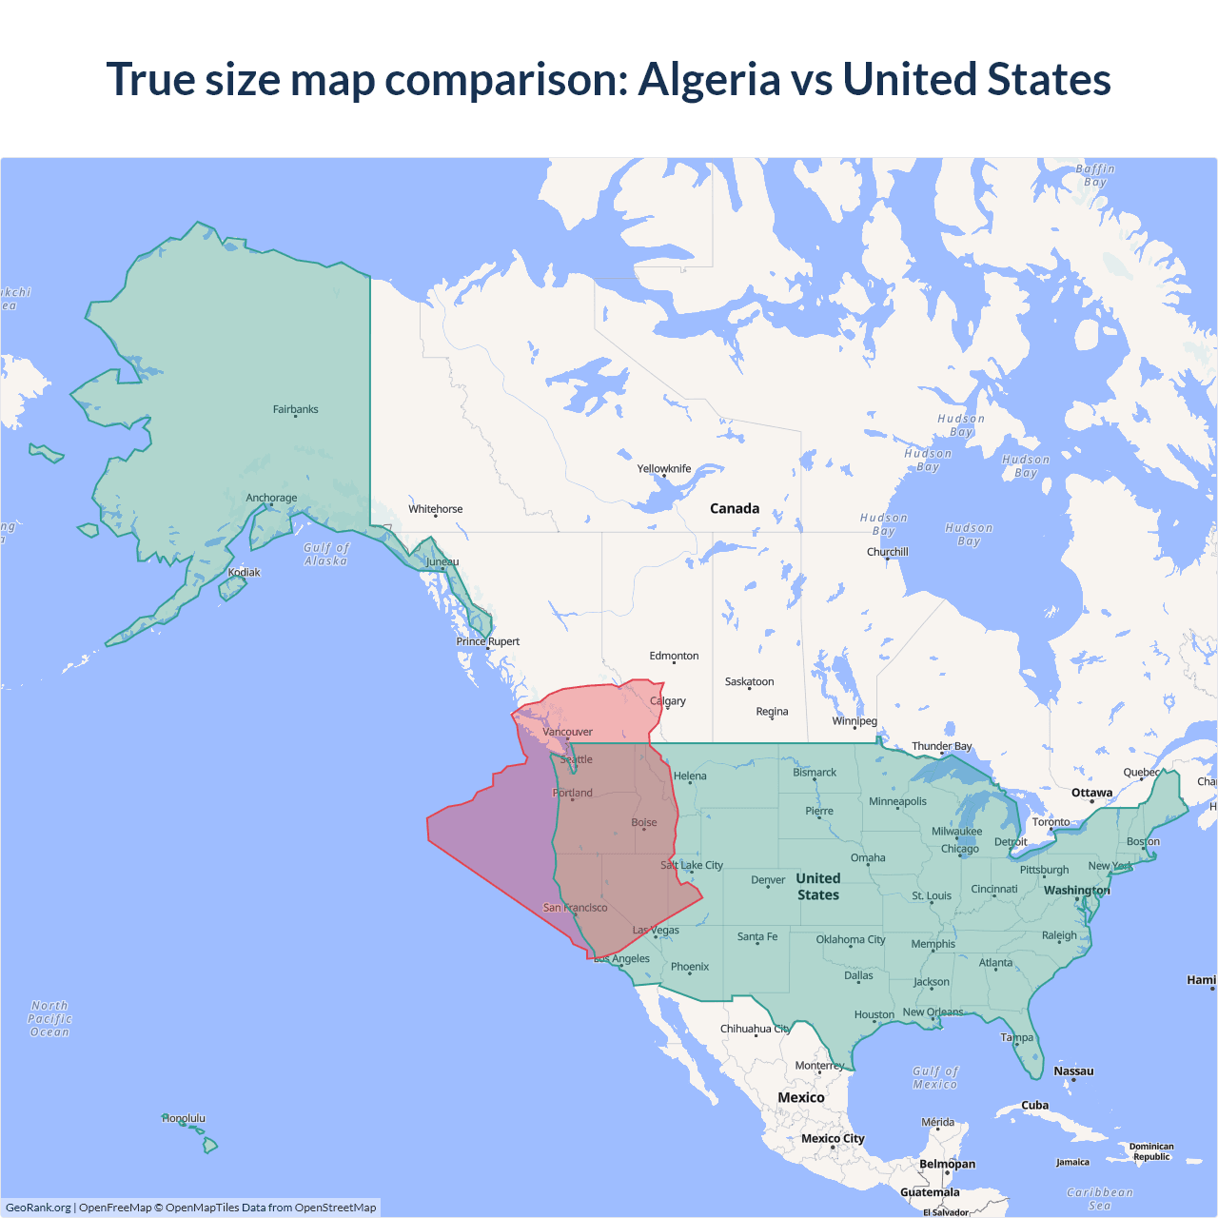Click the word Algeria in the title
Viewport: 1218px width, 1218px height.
[x=708, y=79]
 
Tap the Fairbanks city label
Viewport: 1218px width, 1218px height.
[x=295, y=409]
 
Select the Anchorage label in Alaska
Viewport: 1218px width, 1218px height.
[x=271, y=498]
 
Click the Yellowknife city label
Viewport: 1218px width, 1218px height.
[x=664, y=468]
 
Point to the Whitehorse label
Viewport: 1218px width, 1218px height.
[x=435, y=509]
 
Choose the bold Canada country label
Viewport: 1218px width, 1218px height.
[x=735, y=508]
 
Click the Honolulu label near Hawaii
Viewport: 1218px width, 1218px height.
[x=184, y=1118]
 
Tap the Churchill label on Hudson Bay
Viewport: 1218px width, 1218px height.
[x=887, y=552]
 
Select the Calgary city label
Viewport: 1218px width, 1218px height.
[x=668, y=701]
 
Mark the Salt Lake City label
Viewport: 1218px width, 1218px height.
[x=692, y=865]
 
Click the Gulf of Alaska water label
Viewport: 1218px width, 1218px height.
[x=326, y=554]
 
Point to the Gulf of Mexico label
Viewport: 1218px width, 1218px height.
[x=935, y=1077]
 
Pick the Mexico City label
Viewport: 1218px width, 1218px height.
[x=833, y=1138]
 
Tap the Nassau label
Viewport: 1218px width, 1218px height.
[x=1073, y=1071]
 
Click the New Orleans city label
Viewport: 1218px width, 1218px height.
[x=933, y=1012]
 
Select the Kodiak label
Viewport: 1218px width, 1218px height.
[x=244, y=572]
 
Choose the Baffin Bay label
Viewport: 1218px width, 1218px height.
[x=1095, y=175]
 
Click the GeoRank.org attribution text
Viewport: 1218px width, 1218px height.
[x=38, y=1208]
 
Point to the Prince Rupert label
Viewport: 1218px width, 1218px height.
[x=487, y=641]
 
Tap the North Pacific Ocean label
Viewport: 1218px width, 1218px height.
[x=49, y=1018]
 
